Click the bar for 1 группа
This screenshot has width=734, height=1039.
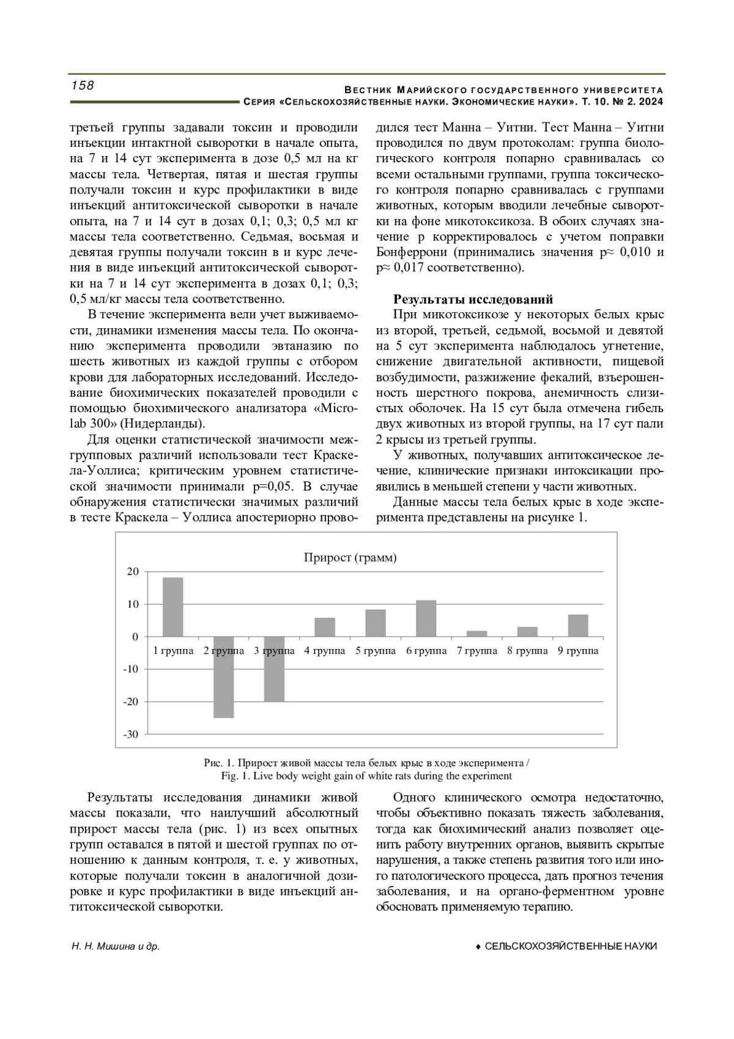point(172,607)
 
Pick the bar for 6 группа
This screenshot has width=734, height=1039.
point(426,618)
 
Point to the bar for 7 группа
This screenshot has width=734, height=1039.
point(477,634)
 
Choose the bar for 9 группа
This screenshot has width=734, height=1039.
point(578,626)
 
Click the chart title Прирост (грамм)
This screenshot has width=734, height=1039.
point(350,557)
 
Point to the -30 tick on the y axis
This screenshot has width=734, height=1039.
point(131,733)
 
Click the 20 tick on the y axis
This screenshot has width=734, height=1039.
point(133,572)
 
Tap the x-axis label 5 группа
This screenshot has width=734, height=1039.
point(376,651)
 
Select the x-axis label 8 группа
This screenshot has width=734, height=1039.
point(527,651)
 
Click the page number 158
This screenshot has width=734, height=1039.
point(83,86)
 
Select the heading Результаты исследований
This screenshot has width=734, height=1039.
point(473,299)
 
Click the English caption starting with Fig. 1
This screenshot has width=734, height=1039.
point(366,776)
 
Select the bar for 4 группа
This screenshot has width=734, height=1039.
point(325,628)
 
